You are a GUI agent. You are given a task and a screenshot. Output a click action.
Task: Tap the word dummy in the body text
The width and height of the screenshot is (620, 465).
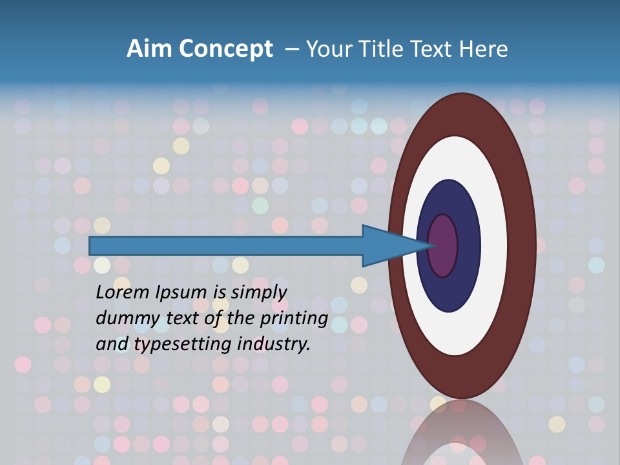coord(123,318)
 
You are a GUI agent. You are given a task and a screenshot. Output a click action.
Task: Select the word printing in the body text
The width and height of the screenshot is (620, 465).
coord(296,318)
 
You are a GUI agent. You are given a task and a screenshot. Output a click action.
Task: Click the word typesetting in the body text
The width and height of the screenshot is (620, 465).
coord(184,344)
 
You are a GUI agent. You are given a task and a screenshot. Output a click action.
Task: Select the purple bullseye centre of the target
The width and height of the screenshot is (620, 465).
coord(443,246)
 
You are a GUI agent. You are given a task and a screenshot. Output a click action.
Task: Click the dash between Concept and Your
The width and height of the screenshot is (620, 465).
coord(291,49)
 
